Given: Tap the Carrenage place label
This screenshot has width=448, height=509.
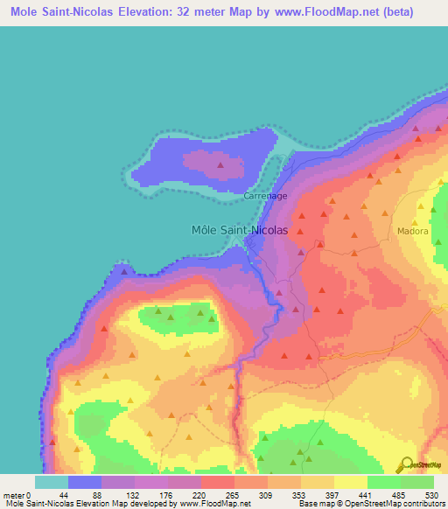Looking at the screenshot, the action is pos(265,196).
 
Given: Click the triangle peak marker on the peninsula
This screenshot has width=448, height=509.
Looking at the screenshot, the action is pos(221,163).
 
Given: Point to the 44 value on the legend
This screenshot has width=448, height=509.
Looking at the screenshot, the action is pos(67,494).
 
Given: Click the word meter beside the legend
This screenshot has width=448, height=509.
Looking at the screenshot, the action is pos(14,494).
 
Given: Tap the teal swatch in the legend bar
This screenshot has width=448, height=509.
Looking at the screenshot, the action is pos(51,482).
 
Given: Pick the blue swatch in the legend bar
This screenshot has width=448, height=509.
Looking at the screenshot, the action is pos(85,482).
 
